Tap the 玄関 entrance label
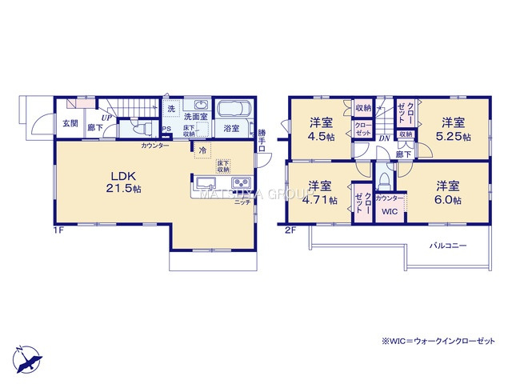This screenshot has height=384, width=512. click(x=70, y=124)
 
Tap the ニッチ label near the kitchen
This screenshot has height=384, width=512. click(x=240, y=202)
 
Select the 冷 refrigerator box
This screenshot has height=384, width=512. click(x=202, y=150)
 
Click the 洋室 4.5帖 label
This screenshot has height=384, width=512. click(x=322, y=130)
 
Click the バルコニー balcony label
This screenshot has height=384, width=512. click(x=448, y=245)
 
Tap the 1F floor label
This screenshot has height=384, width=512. click(x=57, y=230)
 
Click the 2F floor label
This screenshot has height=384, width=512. click(x=292, y=230)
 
